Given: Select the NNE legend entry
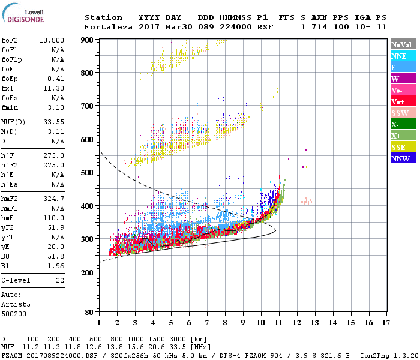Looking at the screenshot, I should click(403, 56).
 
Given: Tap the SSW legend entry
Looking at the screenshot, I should click(403, 113).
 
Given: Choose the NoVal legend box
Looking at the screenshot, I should click(403, 44).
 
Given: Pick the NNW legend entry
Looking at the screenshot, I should click(403, 158).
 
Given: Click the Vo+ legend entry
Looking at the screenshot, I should click(403, 101).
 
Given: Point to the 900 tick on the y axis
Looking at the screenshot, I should click(87, 40).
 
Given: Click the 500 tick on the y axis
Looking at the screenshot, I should click(87, 173).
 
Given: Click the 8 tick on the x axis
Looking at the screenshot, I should click(225, 322).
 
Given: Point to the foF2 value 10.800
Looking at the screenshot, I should click(52, 40).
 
